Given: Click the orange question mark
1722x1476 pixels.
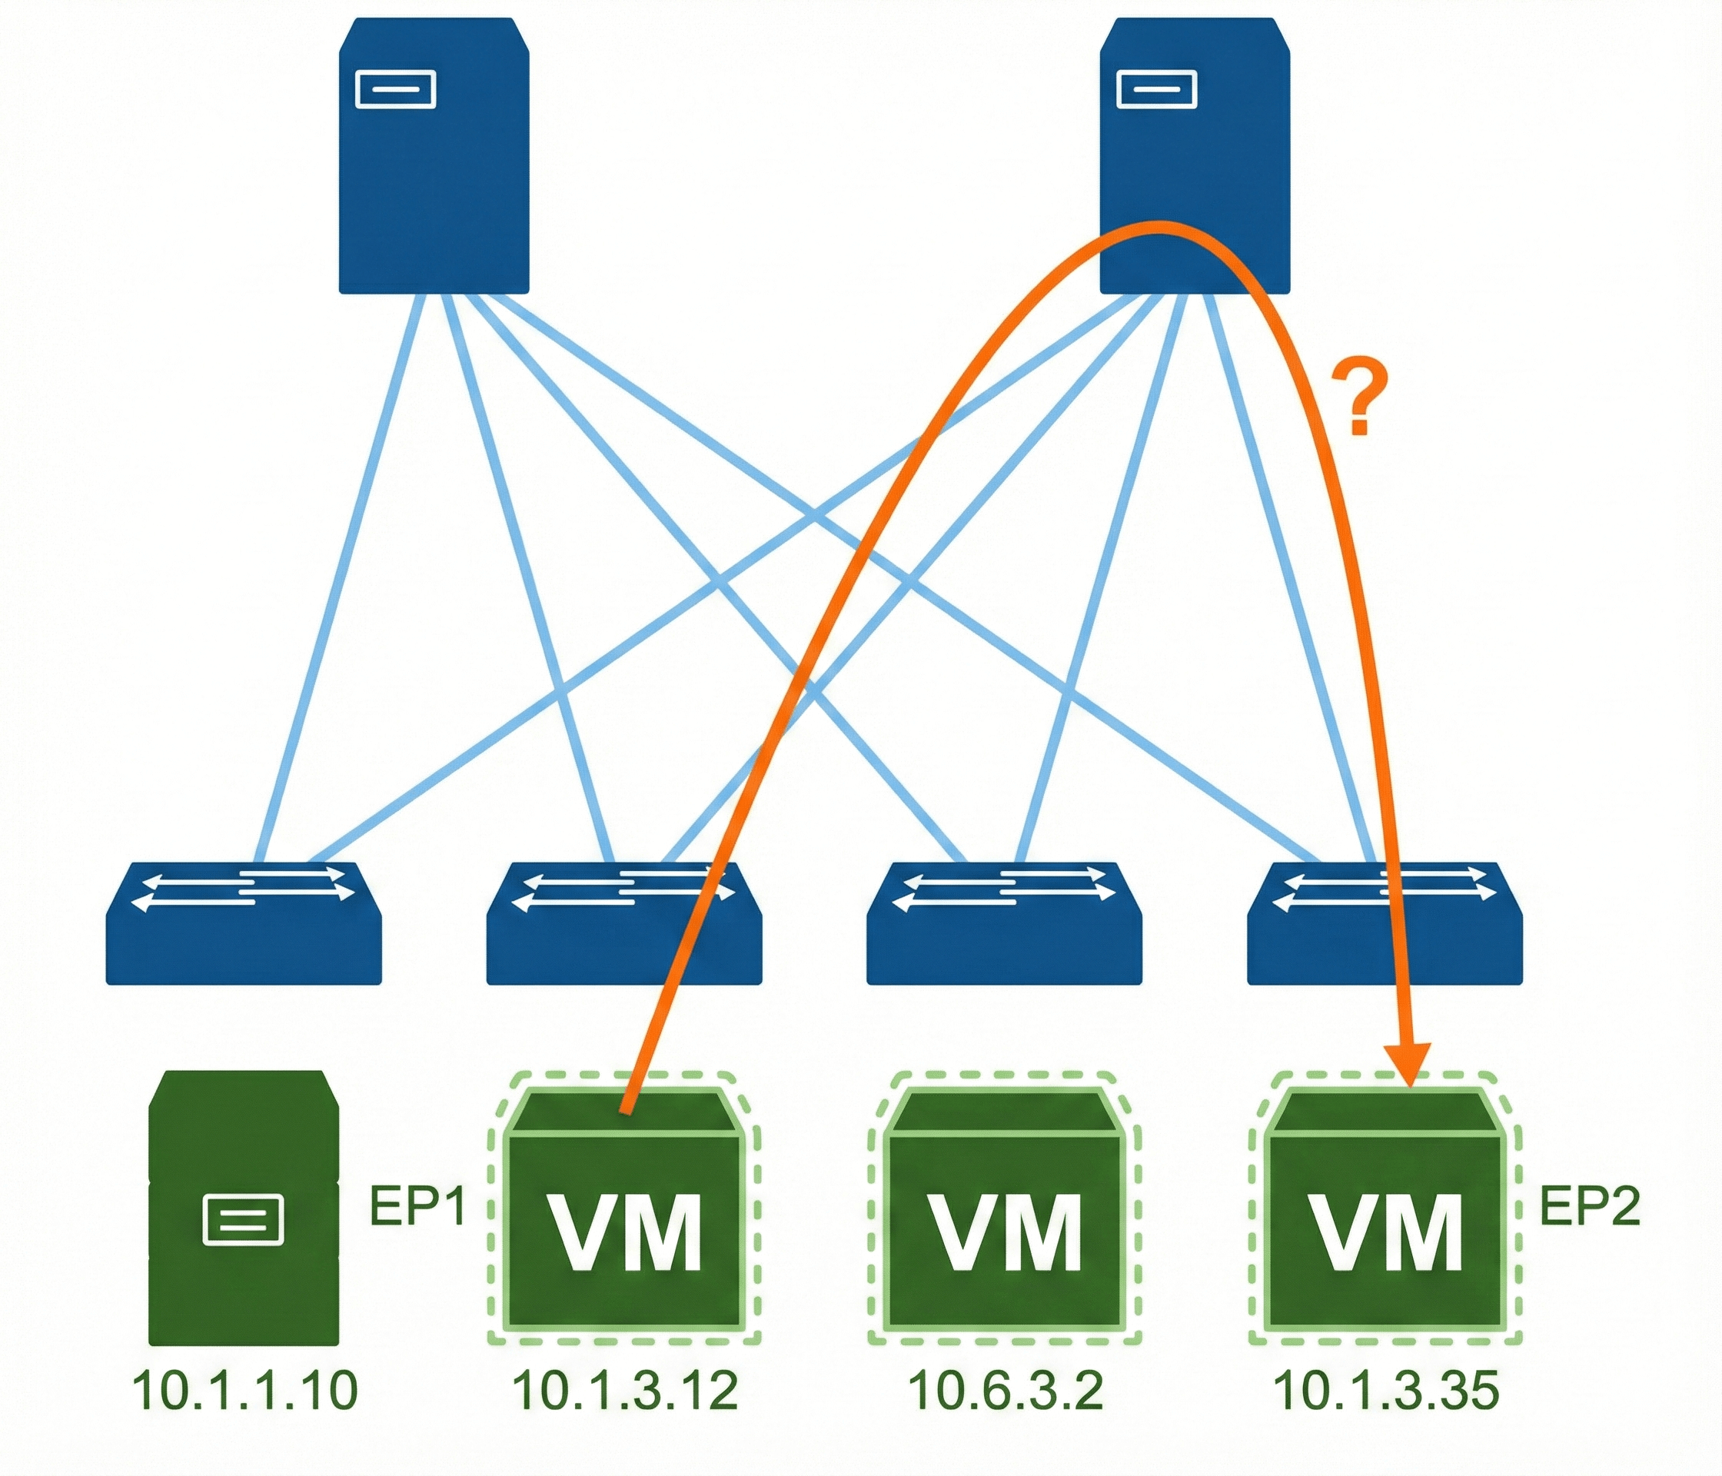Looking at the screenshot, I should [x=1359, y=397].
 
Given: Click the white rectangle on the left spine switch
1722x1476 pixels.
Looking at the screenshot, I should [x=396, y=89].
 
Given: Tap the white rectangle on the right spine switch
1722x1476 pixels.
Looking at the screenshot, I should [x=1157, y=89].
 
